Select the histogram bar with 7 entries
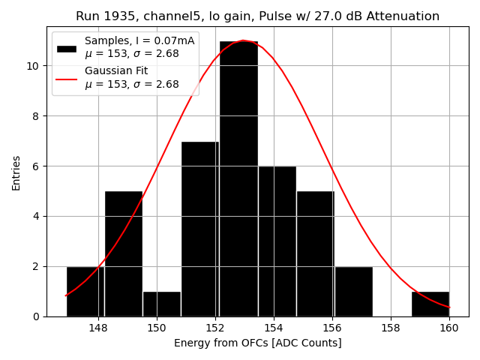click(x=200, y=229)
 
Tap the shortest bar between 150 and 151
click(x=162, y=304)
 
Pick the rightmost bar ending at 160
click(x=430, y=304)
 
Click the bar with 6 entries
click(x=277, y=241)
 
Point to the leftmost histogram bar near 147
click(x=85, y=291)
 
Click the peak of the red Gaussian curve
click(x=243, y=40)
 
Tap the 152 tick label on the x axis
click(x=215, y=328)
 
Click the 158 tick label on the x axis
click(x=391, y=328)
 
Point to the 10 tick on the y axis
click(x=34, y=66)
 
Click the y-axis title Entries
click(x=16, y=172)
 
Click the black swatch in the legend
click(x=67, y=48)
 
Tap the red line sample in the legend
click(x=67, y=78)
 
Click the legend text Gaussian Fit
click(x=116, y=70)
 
